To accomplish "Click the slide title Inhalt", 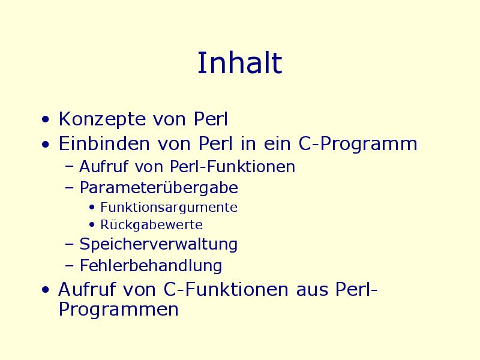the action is point(239,63).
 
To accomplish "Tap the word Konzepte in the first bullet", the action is point(102,119).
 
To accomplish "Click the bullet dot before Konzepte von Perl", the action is point(46,119).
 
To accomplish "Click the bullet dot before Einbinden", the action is point(46,144).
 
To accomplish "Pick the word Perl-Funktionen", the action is point(232,167).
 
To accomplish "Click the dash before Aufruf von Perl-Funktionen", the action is point(70,167).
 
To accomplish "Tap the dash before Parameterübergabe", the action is point(70,188).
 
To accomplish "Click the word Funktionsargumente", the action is point(169,208).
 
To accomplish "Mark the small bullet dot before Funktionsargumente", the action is point(92,208).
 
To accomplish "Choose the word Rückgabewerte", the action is point(152,224).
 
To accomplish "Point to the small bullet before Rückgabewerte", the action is point(92,225).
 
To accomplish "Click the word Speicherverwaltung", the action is point(158,245).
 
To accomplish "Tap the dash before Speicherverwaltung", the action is point(70,244).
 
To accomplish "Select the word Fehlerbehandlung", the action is point(151,265).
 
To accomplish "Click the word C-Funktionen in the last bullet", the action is point(226,289).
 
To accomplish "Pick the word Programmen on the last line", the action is point(118,310).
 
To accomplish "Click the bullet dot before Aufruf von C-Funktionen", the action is point(46,290).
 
